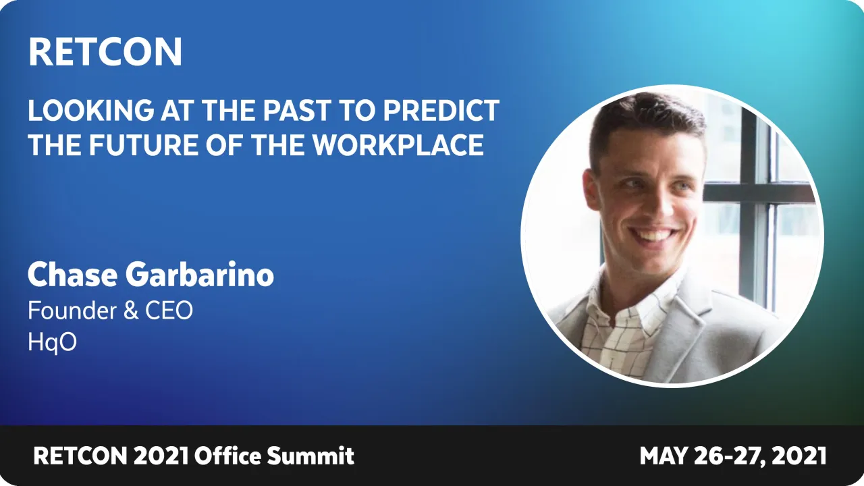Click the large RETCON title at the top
(x=105, y=52)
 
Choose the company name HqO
(x=52, y=342)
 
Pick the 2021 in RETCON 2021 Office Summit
(x=161, y=456)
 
